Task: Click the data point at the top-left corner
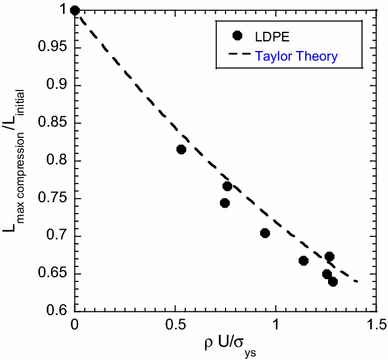[x=75, y=11]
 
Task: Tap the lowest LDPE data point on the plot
[x=333, y=282]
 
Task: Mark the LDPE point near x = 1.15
[x=304, y=261]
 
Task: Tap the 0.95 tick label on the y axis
[x=51, y=48]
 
